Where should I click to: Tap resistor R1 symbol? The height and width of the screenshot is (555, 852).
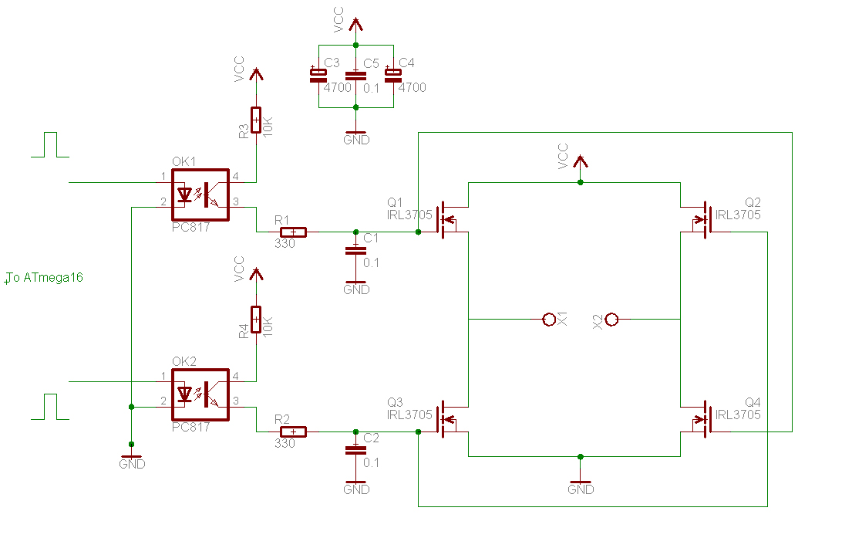[x=293, y=232]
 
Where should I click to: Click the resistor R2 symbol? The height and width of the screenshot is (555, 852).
[x=293, y=431]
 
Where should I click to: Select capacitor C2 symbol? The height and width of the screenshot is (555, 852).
[x=355, y=449]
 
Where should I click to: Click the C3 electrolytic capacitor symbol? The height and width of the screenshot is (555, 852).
[x=318, y=75]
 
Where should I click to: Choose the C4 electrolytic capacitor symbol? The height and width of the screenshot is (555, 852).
[x=393, y=75]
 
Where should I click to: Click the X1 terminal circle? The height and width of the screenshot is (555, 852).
[x=549, y=319]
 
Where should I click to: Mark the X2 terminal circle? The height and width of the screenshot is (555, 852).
[x=612, y=319]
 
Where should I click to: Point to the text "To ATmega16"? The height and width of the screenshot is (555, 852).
[x=45, y=278]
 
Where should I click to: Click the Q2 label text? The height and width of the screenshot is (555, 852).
[x=753, y=202]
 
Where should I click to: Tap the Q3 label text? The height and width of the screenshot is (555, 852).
[x=395, y=402]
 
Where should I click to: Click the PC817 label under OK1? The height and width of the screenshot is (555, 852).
[x=191, y=228]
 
